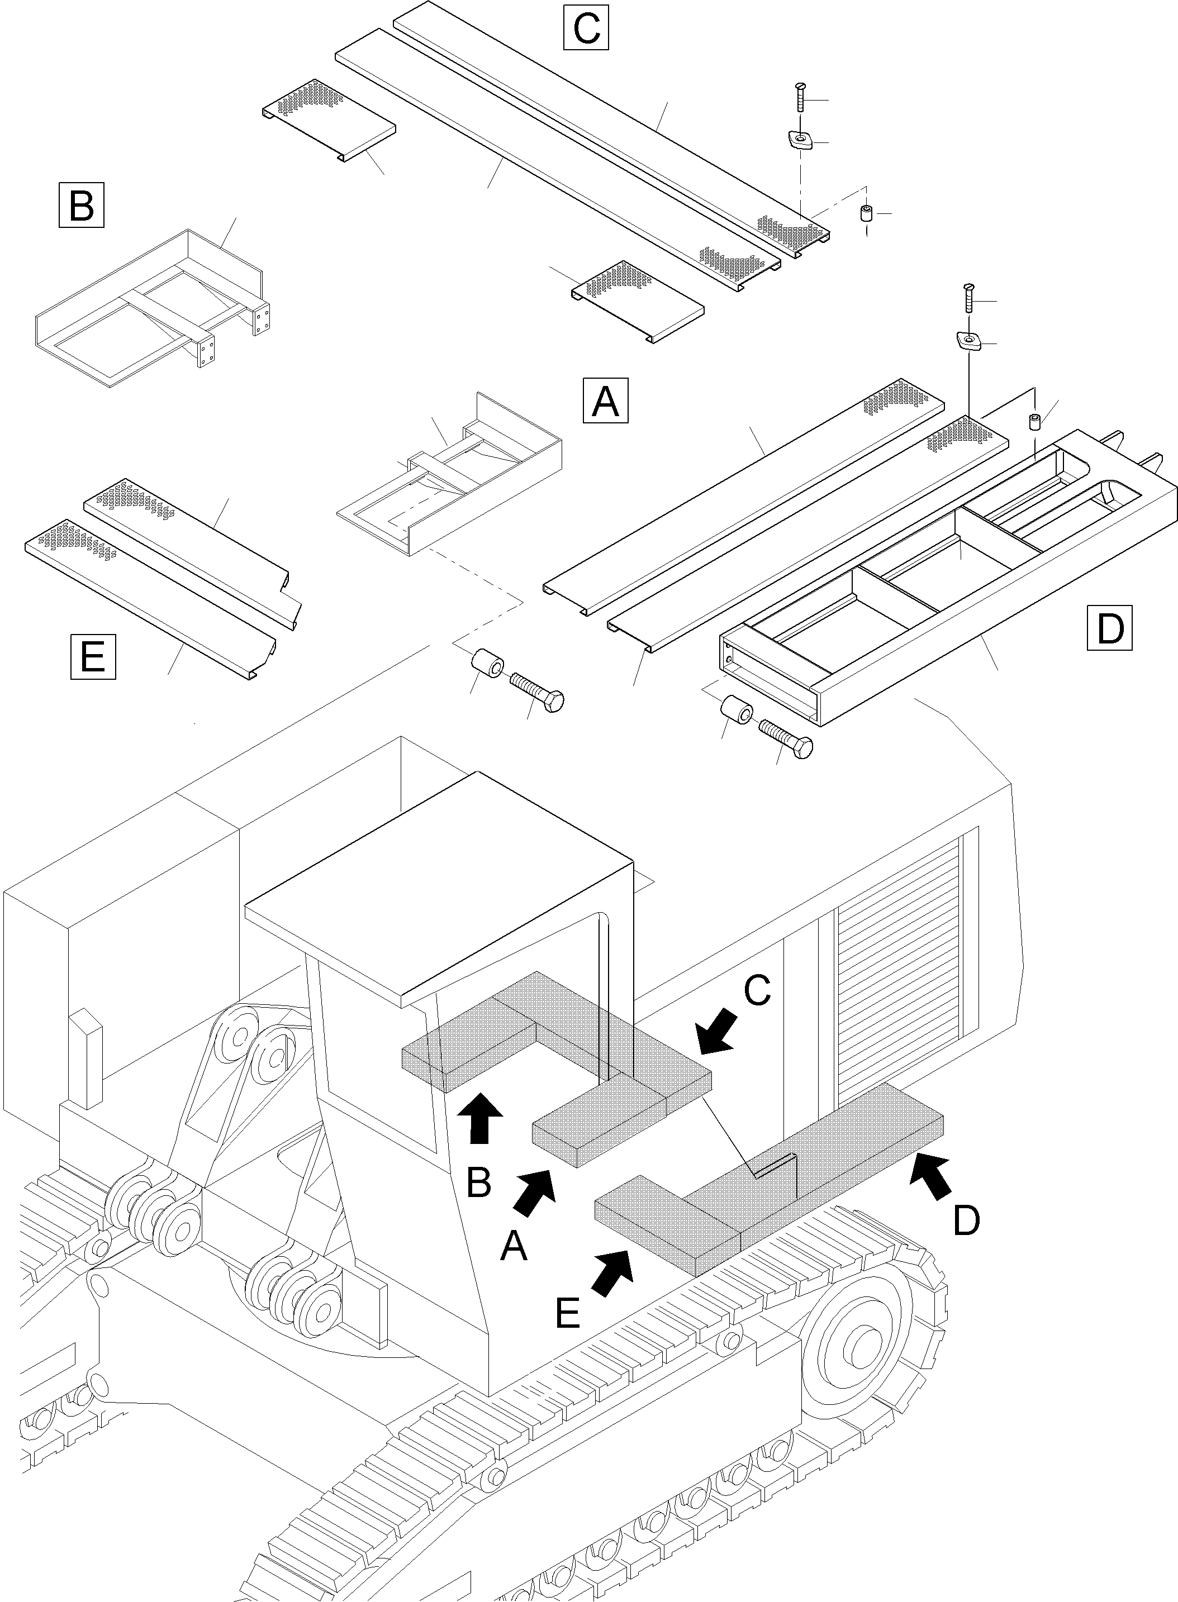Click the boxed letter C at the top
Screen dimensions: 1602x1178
(586, 27)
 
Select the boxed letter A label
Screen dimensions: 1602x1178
(605, 401)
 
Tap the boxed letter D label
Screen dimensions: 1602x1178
(1110, 628)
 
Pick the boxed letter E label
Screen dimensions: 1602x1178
(93, 656)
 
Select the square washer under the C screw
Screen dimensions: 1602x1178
(801, 139)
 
